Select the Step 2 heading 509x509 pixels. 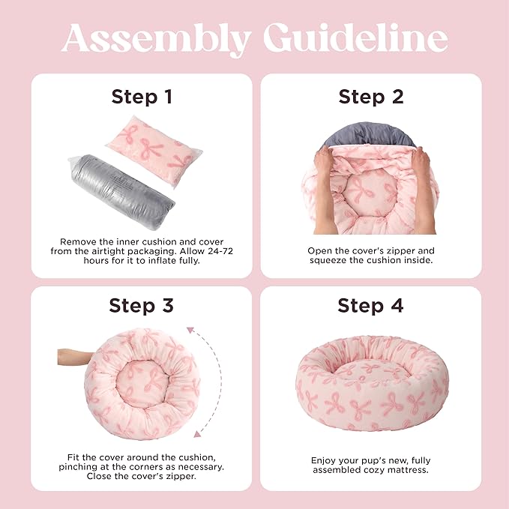pyautogui.click(x=370, y=97)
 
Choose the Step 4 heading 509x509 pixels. pyautogui.click(x=370, y=306)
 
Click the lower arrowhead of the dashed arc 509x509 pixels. pyautogui.click(x=197, y=433)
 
